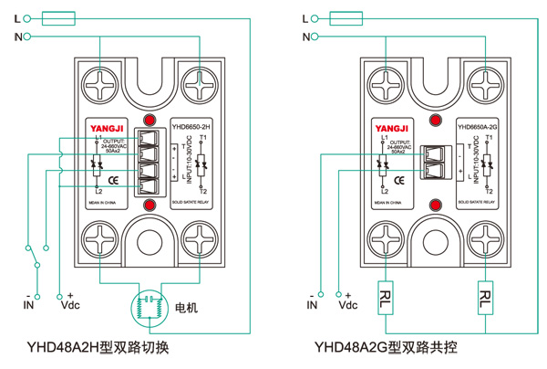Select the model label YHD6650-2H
point(192,125)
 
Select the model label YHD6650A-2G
point(477,126)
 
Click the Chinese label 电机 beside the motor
point(186,306)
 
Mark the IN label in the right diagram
point(313,307)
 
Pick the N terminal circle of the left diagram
point(26,37)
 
